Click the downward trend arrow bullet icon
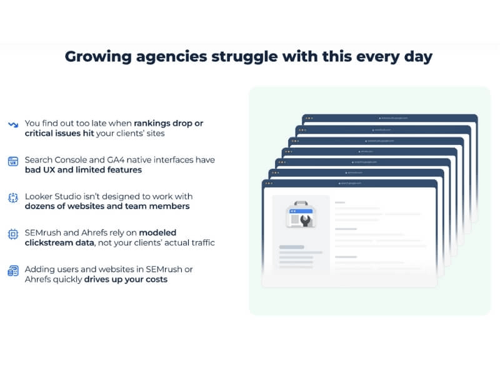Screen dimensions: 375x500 (13, 124)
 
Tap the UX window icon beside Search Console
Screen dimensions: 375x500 (13, 161)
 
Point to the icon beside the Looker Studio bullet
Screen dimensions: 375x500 (13, 197)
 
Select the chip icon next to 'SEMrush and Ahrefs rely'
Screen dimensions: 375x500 (13, 234)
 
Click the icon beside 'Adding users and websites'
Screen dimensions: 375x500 (13, 270)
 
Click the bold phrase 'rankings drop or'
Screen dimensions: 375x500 (168, 123)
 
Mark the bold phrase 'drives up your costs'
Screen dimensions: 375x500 (126, 279)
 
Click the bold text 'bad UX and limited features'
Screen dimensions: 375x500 (83, 169)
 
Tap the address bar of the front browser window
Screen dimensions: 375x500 (352, 184)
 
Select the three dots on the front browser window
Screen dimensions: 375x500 (269, 184)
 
